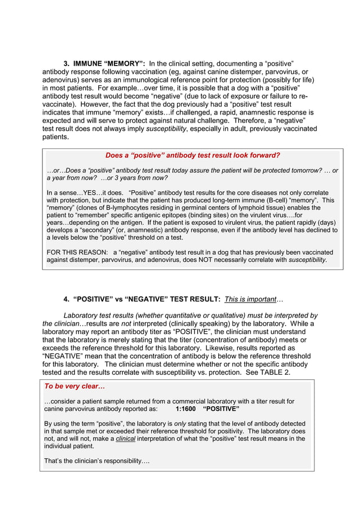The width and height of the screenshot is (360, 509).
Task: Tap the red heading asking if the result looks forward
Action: click(192, 155)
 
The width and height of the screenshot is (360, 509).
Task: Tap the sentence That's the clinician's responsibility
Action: click(96, 461)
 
